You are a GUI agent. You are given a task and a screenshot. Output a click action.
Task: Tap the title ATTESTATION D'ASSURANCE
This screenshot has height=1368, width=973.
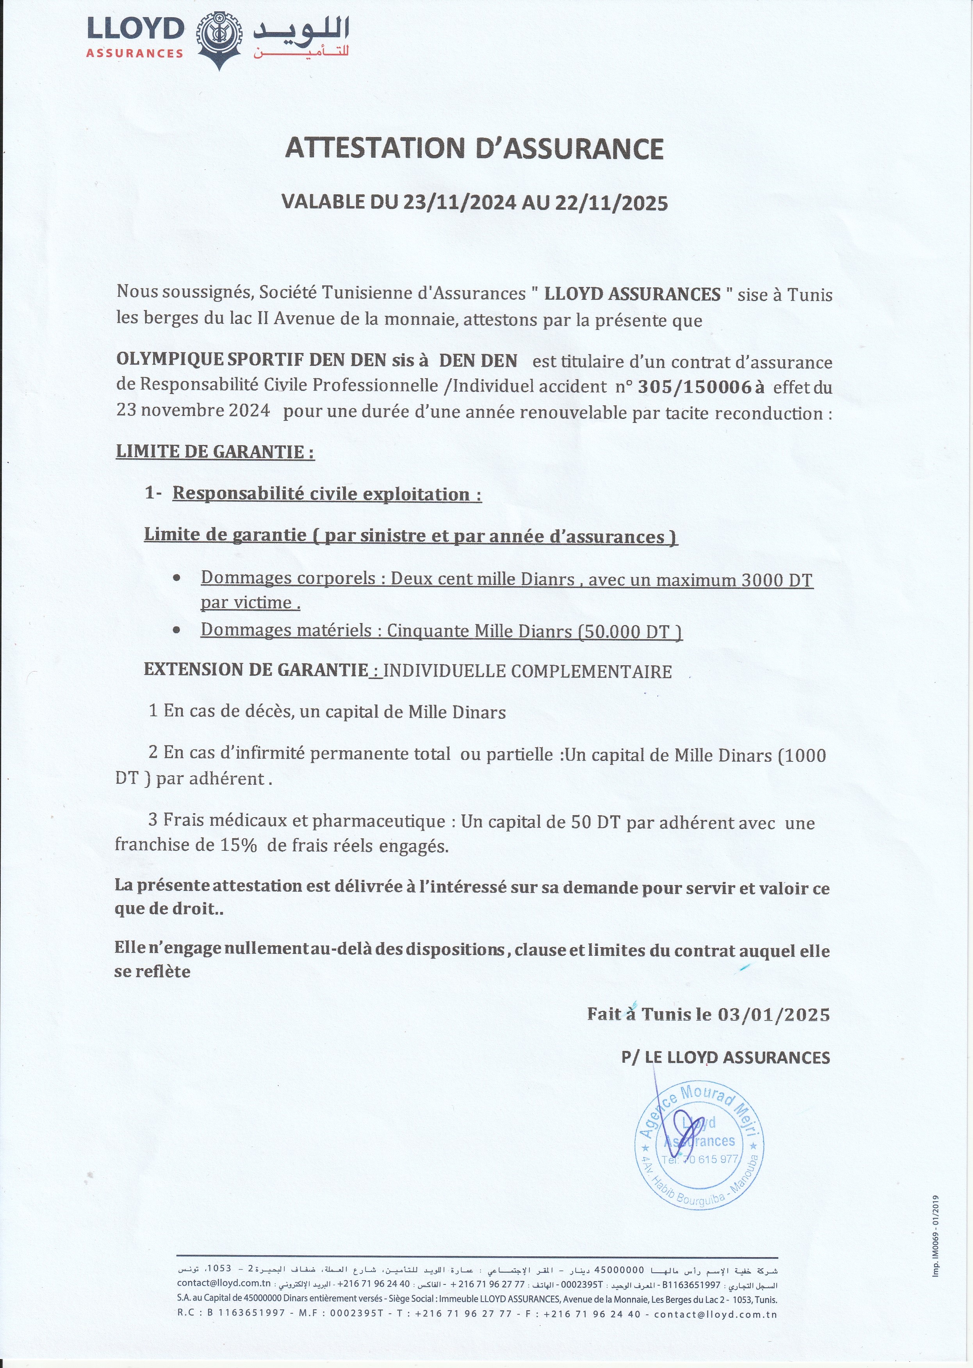[x=474, y=148]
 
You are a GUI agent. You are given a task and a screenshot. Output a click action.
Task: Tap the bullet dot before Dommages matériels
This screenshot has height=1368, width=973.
[x=177, y=631]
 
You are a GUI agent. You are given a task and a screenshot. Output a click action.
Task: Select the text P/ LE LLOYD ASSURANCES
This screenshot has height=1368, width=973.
[x=725, y=1058]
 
